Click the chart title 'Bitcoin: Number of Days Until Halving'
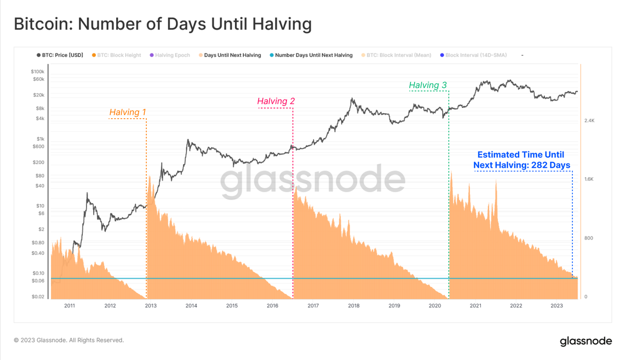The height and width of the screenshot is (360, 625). click(162, 24)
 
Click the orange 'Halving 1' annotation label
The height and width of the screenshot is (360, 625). click(128, 113)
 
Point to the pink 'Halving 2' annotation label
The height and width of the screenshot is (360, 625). click(276, 101)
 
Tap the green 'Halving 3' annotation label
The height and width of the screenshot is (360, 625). click(428, 85)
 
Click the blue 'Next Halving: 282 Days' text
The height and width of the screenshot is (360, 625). click(521, 165)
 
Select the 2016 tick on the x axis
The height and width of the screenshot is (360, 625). click(272, 306)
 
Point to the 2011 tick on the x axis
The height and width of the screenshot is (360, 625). click(69, 306)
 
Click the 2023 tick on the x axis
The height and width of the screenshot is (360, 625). click(557, 306)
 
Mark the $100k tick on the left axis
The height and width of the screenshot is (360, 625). click(37, 71)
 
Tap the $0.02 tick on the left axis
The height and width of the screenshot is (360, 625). click(37, 297)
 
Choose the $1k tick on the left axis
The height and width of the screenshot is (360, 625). click(40, 139)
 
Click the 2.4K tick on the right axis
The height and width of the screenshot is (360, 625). click(589, 121)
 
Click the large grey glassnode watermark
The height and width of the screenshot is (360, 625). click(312, 180)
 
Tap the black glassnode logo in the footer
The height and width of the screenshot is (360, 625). click(586, 341)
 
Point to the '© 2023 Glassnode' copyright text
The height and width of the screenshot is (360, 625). click(69, 340)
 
